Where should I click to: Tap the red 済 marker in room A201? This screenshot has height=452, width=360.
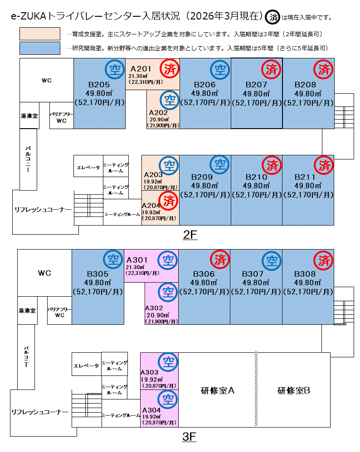click(170, 69)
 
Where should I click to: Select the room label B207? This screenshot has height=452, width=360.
click(257, 85)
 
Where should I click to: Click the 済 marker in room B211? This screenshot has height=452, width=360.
click(324, 165)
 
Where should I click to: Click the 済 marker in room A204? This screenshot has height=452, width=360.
click(169, 199)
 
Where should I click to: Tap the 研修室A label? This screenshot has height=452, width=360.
click(217, 390)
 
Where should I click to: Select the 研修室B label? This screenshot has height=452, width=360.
click(294, 390)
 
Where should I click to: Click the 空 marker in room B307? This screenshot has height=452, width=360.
click(272, 260)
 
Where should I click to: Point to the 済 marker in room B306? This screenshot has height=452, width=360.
click(220, 260)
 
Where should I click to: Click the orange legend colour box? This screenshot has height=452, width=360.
click(40, 34)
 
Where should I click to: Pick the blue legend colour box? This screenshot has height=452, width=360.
click(40, 48)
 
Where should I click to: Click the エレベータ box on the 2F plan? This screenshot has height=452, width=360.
click(88, 167)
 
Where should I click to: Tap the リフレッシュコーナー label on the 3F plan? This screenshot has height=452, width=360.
click(39, 412)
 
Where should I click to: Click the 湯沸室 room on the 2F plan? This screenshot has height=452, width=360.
click(29, 116)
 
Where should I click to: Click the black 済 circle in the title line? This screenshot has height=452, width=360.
click(273, 18)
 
